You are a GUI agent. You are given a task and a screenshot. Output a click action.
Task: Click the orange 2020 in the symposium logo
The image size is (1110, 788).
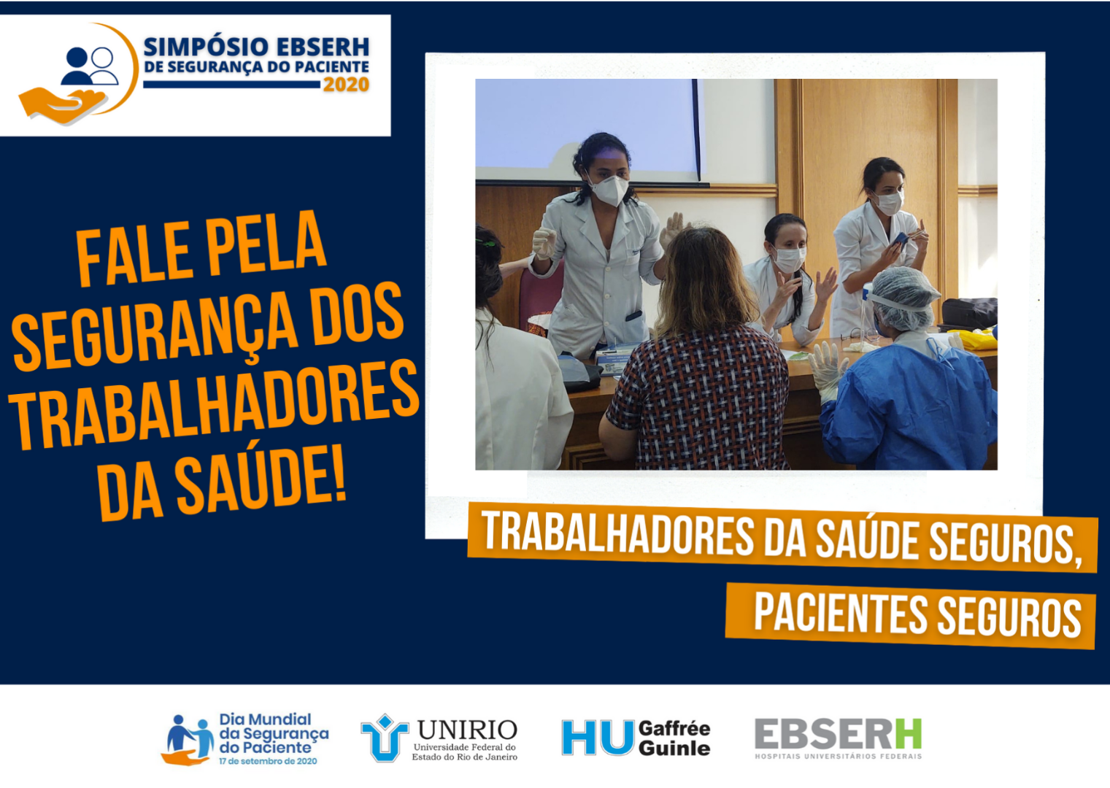click(346, 85)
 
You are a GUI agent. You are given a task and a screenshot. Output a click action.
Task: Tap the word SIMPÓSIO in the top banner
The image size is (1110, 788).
click(205, 47)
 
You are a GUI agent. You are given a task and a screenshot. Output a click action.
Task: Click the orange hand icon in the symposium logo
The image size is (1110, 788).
click(62, 105)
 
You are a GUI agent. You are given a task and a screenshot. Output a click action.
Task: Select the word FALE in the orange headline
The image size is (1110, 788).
click(134, 255)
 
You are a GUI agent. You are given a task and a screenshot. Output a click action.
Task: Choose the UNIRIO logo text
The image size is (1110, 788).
click(467, 730)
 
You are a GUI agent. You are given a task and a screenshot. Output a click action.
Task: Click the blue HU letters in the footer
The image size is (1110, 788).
click(598, 737)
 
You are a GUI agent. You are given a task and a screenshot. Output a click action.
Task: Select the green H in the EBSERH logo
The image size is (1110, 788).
click(908, 733)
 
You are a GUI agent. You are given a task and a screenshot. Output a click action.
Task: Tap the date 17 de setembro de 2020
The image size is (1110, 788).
click(268, 761)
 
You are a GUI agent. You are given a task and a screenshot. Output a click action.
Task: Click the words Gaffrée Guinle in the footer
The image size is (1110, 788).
click(674, 738)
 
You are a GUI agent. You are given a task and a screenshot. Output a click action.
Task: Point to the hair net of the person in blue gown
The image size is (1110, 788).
click(905, 297)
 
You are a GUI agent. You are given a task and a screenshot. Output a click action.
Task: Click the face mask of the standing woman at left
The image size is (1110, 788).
click(609, 190)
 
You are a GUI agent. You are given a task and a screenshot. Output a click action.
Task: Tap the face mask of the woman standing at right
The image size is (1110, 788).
click(890, 203)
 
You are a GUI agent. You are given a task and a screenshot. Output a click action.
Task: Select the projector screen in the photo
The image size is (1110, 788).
click(587, 130)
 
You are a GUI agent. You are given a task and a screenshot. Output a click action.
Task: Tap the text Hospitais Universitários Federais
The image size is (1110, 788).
click(838, 757)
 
